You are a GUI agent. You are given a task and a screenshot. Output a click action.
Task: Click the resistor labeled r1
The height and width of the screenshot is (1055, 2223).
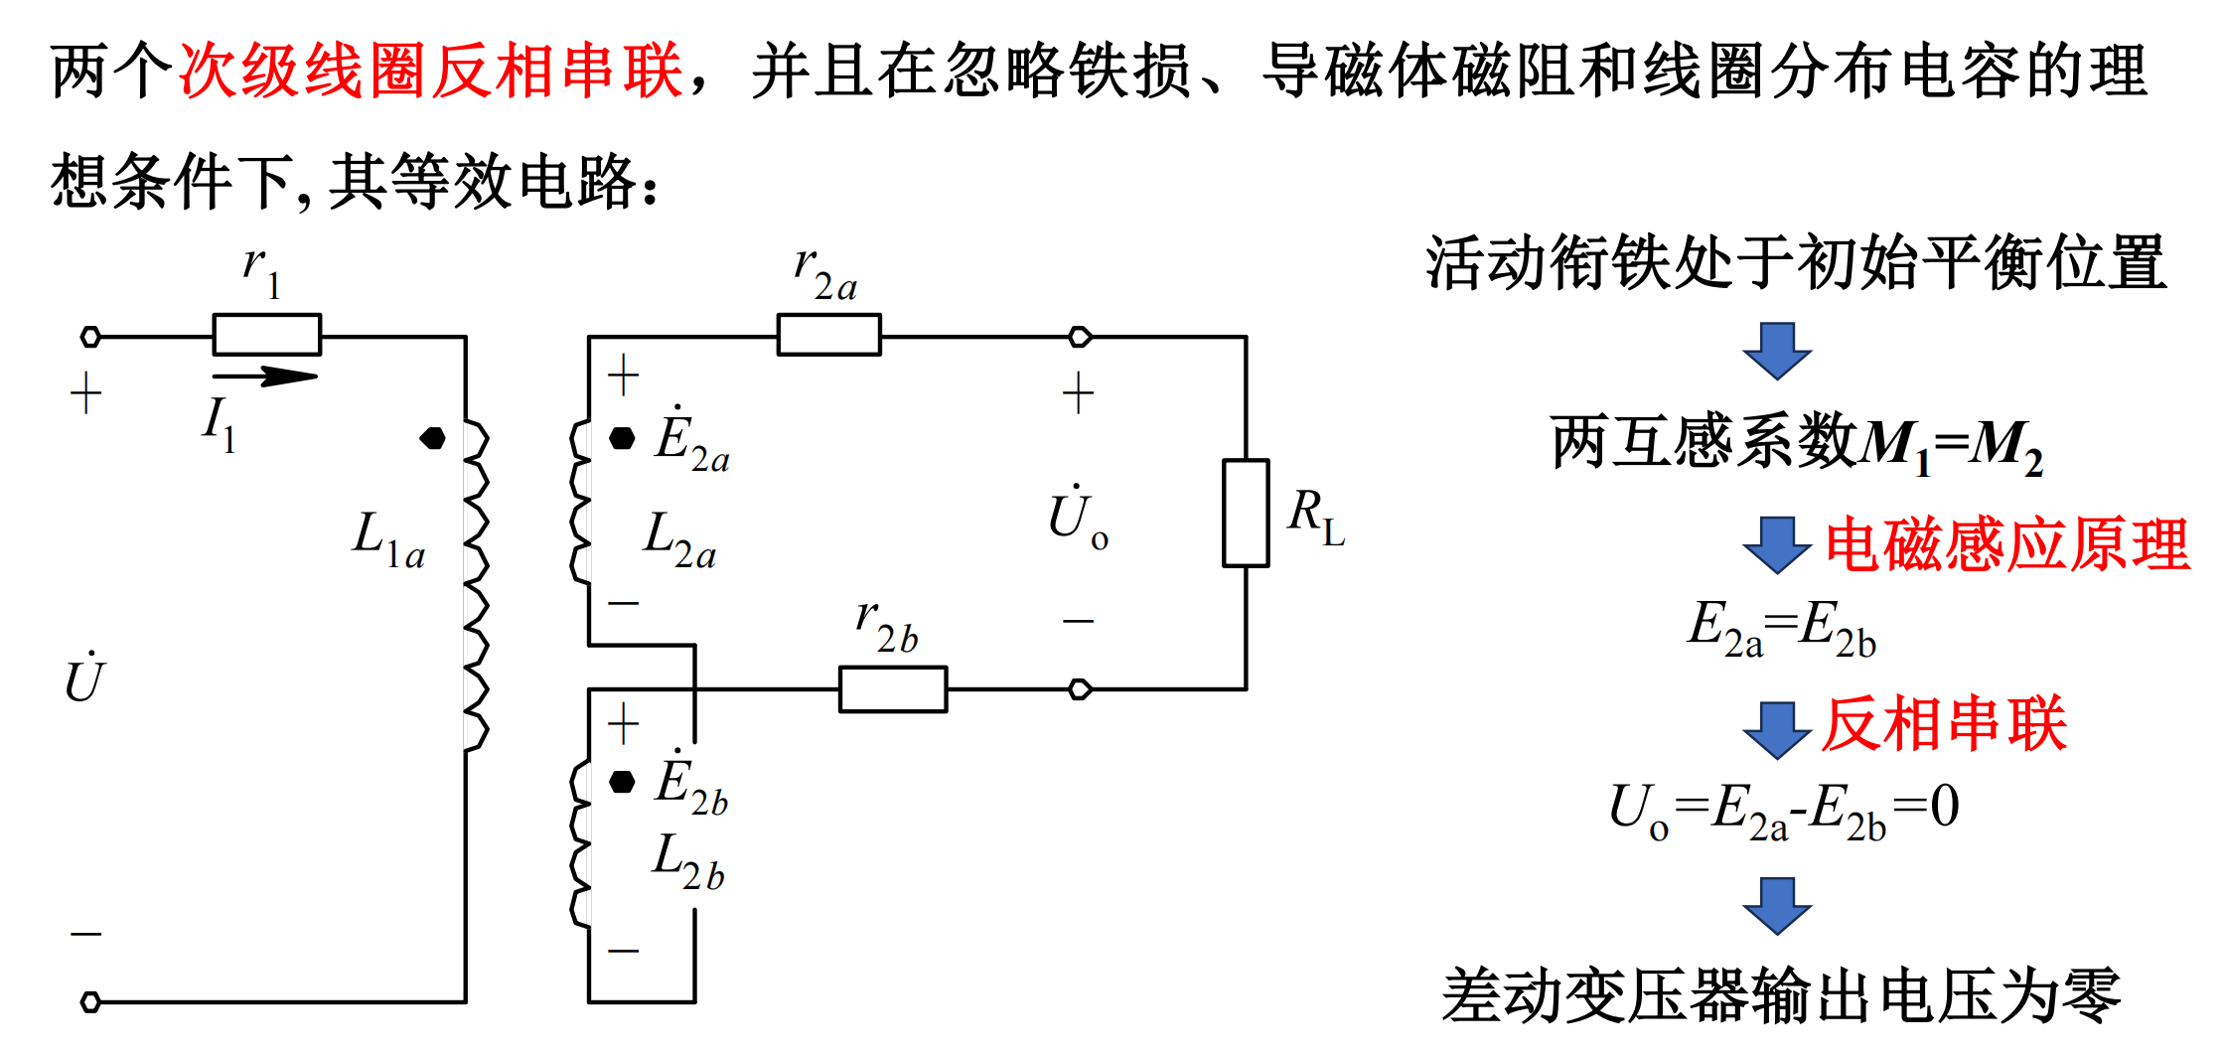pyautogui.click(x=267, y=335)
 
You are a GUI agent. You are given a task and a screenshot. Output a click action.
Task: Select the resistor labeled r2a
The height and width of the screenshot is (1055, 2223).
pyautogui.click(x=828, y=335)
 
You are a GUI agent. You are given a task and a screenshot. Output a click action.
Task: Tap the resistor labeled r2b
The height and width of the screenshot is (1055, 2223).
pyautogui.click(x=893, y=688)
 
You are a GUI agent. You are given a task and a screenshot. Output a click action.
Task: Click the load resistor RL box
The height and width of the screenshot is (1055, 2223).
pyautogui.click(x=1246, y=513)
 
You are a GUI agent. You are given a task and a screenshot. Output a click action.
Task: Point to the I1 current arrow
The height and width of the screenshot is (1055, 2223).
pyautogui.click(x=265, y=376)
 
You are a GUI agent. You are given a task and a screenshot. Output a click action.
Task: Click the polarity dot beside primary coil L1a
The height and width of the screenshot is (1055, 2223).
pyautogui.click(x=433, y=438)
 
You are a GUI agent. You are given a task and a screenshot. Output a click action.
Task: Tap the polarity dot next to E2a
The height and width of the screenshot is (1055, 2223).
pyautogui.click(x=622, y=438)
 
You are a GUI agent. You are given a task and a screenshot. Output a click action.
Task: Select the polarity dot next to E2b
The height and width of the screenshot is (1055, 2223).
pyautogui.click(x=622, y=782)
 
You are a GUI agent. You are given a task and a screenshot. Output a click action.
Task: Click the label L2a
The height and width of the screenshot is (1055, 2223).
pyautogui.click(x=679, y=541)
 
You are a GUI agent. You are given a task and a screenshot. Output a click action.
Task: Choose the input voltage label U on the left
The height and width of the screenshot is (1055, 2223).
pyautogui.click(x=84, y=679)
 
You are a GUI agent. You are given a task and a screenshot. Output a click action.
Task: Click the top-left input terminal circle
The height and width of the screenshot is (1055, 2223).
pyautogui.click(x=90, y=337)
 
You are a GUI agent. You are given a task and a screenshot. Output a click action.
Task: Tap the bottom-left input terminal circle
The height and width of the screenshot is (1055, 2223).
pyautogui.click(x=90, y=1001)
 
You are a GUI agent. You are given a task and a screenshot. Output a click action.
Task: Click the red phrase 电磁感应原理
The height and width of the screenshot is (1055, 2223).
pyautogui.click(x=2006, y=545)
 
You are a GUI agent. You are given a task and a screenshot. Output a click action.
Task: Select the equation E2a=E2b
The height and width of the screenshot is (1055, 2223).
pyautogui.click(x=1782, y=630)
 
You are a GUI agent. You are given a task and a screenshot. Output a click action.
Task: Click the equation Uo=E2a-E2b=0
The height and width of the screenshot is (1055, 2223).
pyautogui.click(x=1784, y=811)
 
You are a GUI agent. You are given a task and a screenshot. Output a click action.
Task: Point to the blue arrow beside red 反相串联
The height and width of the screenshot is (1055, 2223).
pyautogui.click(x=1777, y=729)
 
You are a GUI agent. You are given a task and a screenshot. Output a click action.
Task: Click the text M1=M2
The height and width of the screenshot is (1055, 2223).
pyautogui.click(x=1951, y=446)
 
